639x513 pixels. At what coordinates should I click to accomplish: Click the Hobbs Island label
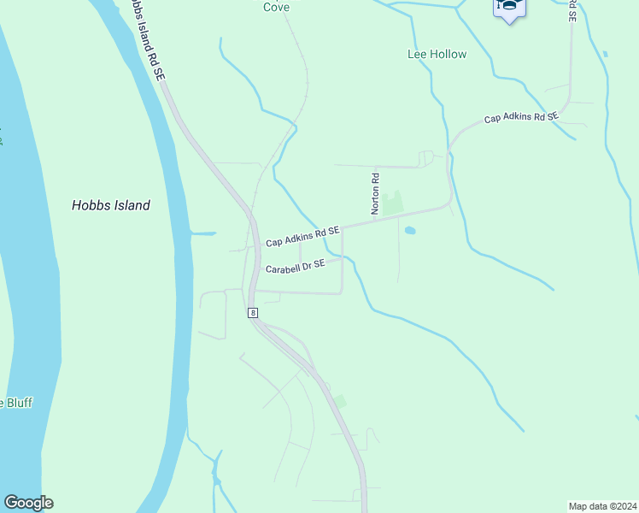click(111, 205)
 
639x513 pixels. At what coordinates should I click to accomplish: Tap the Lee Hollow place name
click(437, 54)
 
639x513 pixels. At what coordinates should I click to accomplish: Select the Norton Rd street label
click(374, 192)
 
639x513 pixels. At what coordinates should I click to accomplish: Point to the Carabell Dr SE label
click(295, 267)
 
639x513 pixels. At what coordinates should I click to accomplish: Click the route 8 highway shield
click(253, 313)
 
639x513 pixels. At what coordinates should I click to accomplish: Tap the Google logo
click(28, 503)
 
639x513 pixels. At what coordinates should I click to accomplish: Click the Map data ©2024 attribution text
click(602, 506)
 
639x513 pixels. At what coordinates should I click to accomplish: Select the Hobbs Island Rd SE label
click(144, 41)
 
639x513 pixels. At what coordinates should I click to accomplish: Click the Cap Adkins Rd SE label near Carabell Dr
click(302, 237)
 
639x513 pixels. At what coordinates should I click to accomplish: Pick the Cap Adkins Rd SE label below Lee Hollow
click(521, 117)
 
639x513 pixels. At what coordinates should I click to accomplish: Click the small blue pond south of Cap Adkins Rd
click(410, 230)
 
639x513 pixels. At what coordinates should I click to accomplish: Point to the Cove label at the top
click(276, 7)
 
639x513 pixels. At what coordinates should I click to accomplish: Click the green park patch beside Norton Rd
click(391, 203)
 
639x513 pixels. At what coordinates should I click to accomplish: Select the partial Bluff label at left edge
click(15, 402)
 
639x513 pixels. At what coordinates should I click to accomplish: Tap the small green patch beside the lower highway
click(341, 401)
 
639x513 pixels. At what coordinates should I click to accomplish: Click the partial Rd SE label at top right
click(572, 10)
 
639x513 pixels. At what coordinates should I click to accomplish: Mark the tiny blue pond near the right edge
click(605, 54)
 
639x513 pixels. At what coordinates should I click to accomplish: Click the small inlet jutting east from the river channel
click(203, 233)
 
